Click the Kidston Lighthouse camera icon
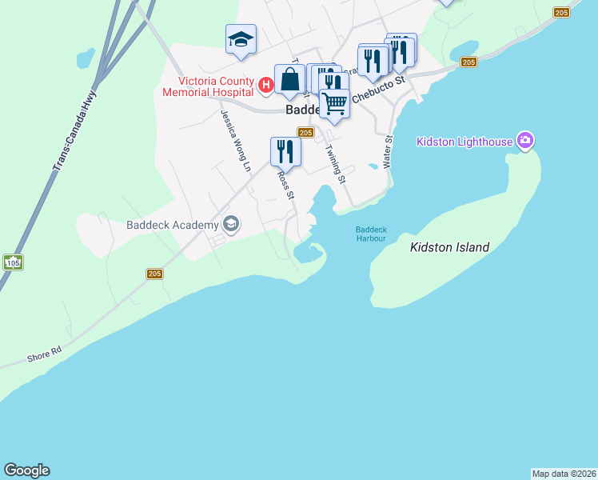(525, 142)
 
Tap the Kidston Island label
(449, 248)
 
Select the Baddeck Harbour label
(371, 234)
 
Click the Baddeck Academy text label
(172, 224)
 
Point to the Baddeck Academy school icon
(231, 224)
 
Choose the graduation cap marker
(241, 39)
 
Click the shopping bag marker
(289, 79)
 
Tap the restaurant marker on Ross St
(285, 150)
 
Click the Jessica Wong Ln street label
(236, 140)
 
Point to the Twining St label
(335, 163)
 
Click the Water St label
(389, 151)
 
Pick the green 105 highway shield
(12, 262)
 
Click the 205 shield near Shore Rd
(155, 274)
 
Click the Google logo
(26, 470)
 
